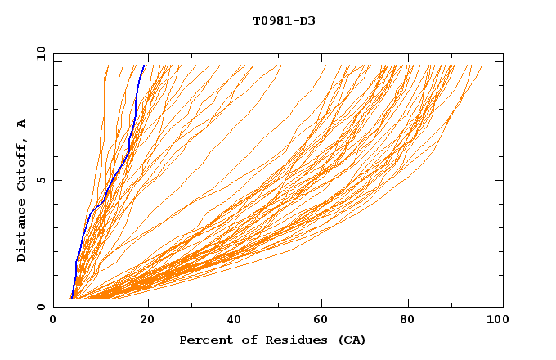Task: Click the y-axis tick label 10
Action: [40, 53]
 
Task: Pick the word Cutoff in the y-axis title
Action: [21, 163]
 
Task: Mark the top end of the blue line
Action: [145, 65]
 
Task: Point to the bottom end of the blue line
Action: [72, 299]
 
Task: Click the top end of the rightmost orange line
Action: [482, 66]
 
